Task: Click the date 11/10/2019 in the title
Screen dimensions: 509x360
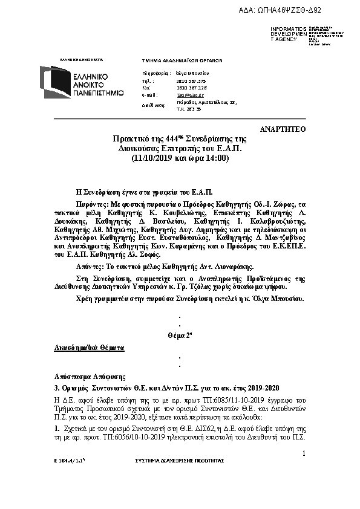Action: tap(152, 158)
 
